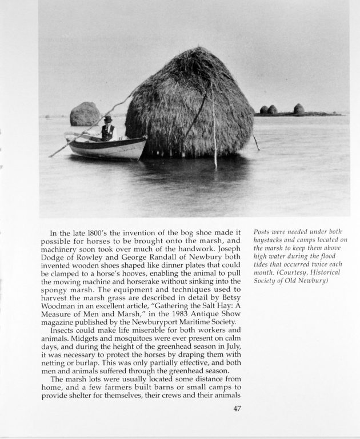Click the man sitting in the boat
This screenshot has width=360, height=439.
(107, 130)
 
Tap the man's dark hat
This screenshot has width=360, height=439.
(107, 119)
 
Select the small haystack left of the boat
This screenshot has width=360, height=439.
(85, 114)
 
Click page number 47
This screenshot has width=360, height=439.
(238, 408)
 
